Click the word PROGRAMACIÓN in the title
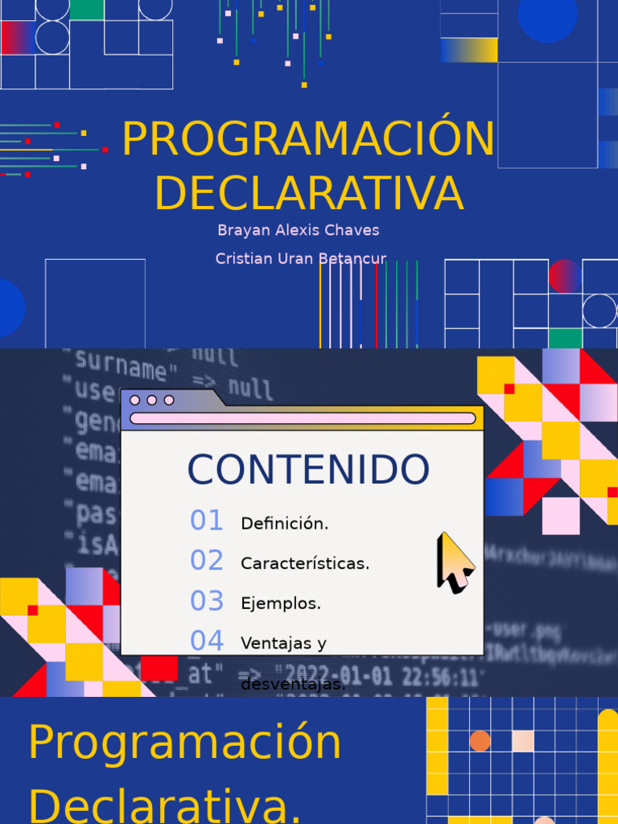[308, 139]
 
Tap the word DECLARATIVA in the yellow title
[309, 193]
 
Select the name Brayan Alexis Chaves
[298, 230]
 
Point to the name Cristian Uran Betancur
[301, 258]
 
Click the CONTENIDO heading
[308, 470]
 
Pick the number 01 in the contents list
[207, 521]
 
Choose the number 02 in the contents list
[207, 560]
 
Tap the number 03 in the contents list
[207, 600]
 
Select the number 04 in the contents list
[207, 641]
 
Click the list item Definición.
[285, 524]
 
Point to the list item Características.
[305, 564]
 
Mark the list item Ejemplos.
[281, 604]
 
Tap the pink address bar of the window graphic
[303, 418]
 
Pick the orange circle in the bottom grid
[480, 741]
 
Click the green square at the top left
[87, 9]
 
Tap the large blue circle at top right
[547, 16]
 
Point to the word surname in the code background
[122, 369]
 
